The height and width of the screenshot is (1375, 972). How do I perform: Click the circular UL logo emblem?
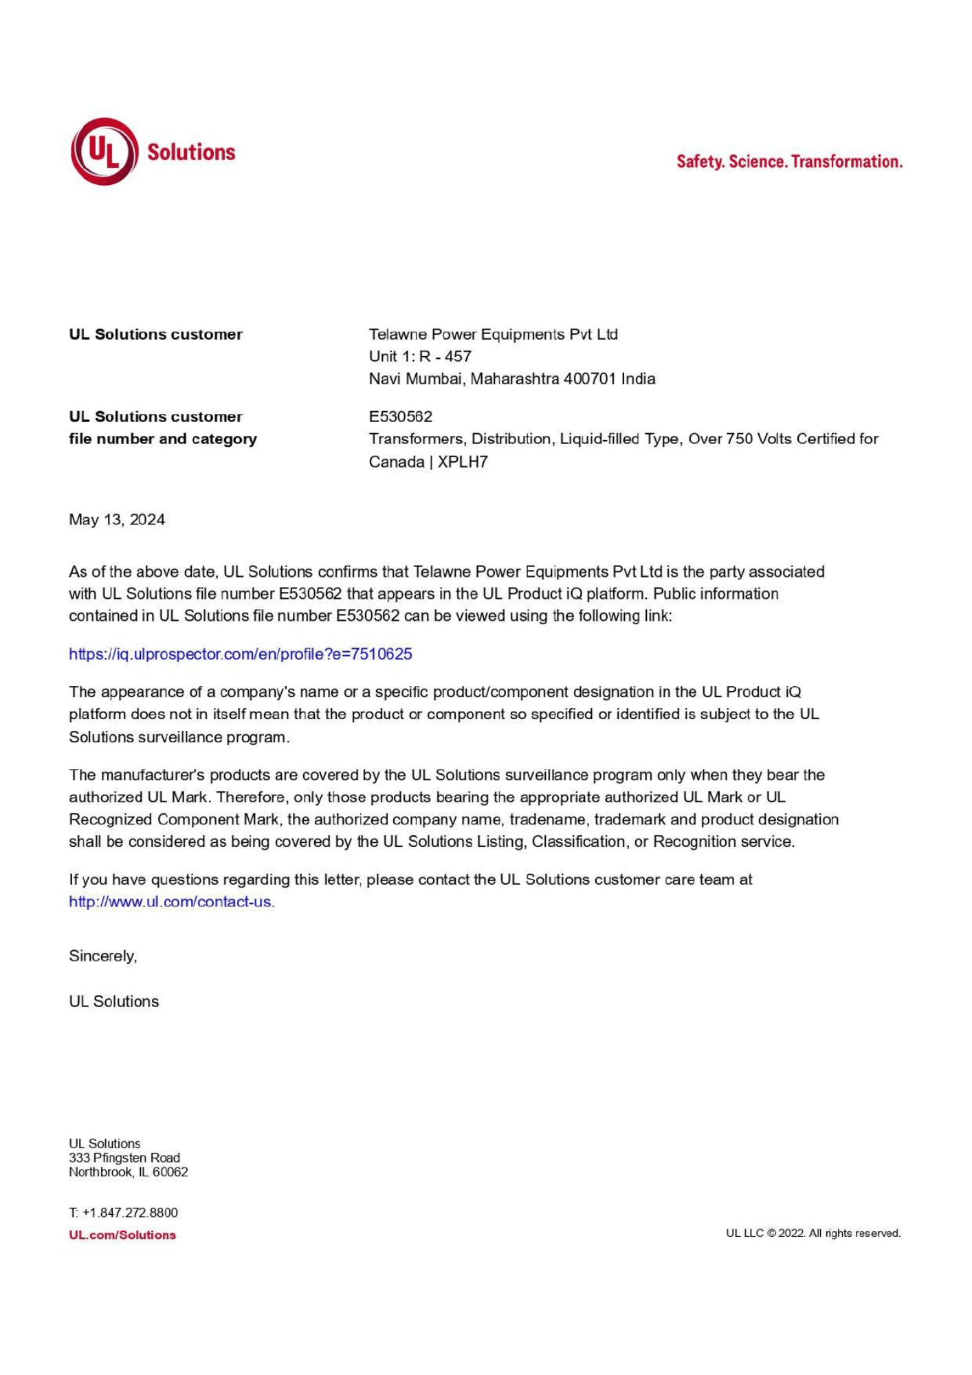104,151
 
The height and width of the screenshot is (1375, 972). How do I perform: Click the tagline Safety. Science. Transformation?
789,162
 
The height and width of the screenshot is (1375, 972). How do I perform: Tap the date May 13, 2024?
117,520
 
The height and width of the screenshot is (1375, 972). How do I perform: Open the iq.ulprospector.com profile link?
240,654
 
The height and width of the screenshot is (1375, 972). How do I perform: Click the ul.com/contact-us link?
170,901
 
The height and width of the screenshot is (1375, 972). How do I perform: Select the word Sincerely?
102,956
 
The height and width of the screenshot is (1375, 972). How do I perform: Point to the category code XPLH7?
463,462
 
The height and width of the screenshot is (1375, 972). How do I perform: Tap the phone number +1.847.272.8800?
130,1213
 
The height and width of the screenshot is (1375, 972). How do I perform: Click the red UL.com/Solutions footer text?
122,1235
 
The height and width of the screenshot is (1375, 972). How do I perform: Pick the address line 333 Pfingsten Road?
124,1158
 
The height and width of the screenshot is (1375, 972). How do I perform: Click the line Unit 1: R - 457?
420,356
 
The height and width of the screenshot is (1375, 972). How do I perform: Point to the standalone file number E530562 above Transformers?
401,417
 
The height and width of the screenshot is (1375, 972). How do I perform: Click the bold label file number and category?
163,439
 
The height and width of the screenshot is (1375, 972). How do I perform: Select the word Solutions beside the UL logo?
191,152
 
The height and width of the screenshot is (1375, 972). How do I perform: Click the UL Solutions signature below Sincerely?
114,1002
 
